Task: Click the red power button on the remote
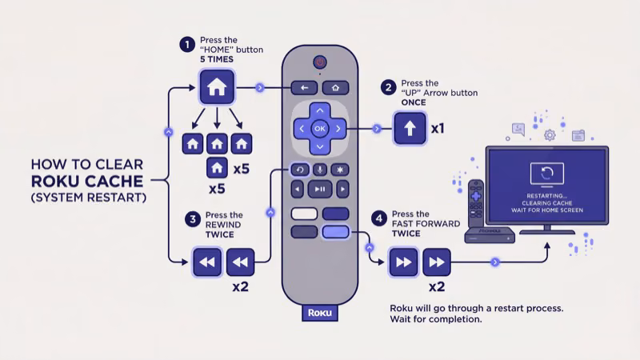coord(320,61)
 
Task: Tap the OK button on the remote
coord(320,128)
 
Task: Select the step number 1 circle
coord(187,44)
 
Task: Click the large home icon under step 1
coord(217,86)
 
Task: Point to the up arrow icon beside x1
coord(410,129)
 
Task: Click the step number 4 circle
coord(379,218)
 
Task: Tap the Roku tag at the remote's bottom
coord(320,313)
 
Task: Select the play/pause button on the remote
coord(320,190)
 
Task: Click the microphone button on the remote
coord(320,170)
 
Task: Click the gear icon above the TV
coord(550,135)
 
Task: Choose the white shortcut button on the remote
coord(305,214)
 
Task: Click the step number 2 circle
coord(389,87)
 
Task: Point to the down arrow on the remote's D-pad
coord(320,147)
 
